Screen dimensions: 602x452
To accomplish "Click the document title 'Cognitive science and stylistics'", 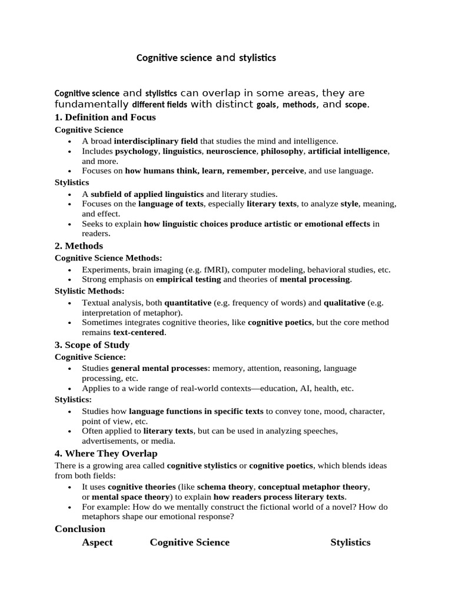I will coord(206,58).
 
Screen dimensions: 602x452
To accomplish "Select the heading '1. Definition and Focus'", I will coord(105,117).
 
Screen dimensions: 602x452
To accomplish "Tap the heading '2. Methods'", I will coord(79,246).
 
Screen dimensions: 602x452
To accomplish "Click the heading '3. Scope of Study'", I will coord(92,345).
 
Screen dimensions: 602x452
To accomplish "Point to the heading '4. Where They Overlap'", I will coord(106,454).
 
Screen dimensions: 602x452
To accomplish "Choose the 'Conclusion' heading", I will coord(80,529).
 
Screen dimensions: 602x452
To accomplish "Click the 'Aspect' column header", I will coord(97,542).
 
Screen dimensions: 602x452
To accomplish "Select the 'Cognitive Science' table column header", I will coord(190,542).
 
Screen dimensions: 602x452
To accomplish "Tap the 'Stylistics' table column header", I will coord(350,542).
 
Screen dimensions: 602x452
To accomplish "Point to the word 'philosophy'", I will coord(281,151).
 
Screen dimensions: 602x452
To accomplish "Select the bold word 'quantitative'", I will coord(188,303).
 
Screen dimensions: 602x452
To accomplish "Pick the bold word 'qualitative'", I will coord(345,303).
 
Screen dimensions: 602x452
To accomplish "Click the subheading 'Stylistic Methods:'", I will coord(89,291).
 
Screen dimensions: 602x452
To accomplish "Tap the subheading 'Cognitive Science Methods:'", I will coord(108,258).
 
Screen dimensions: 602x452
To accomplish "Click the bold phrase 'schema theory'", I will coord(225,487).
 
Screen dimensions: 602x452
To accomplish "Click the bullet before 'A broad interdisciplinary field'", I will coord(69,142).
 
